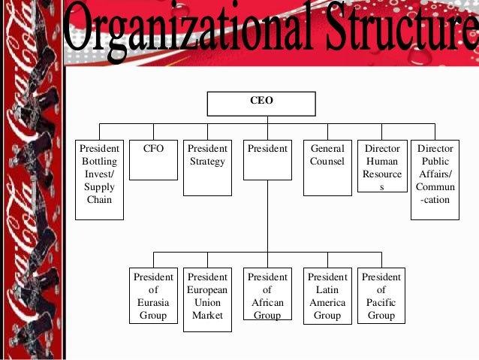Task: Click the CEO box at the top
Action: point(261,102)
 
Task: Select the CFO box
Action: point(153,159)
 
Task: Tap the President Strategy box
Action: point(207,167)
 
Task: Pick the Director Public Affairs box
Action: point(435,179)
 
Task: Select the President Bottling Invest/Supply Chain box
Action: point(99,179)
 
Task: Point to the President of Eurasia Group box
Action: point(153,295)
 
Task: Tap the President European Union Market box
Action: point(207,299)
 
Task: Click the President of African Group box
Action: point(267,295)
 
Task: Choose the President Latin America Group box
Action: point(327,295)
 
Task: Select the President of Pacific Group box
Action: point(381,295)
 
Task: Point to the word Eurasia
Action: point(153,303)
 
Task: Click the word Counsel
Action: point(327,162)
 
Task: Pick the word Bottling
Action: point(99,162)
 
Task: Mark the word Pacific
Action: point(381,303)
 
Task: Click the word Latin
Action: point(327,290)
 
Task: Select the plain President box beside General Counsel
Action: point(267,159)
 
